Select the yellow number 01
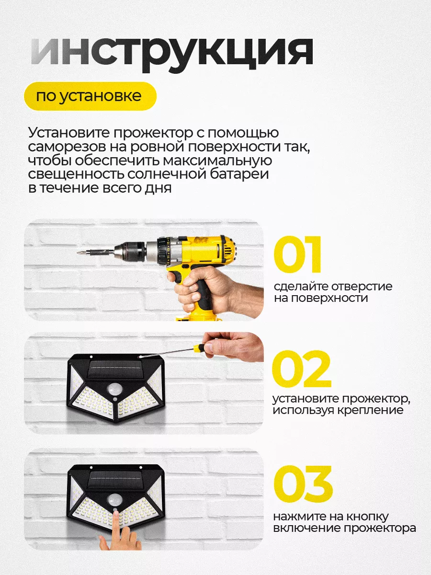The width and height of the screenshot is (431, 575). coord(297,254)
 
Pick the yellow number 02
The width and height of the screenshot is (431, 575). coord(302,369)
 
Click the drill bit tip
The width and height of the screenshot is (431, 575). coord(78,253)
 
